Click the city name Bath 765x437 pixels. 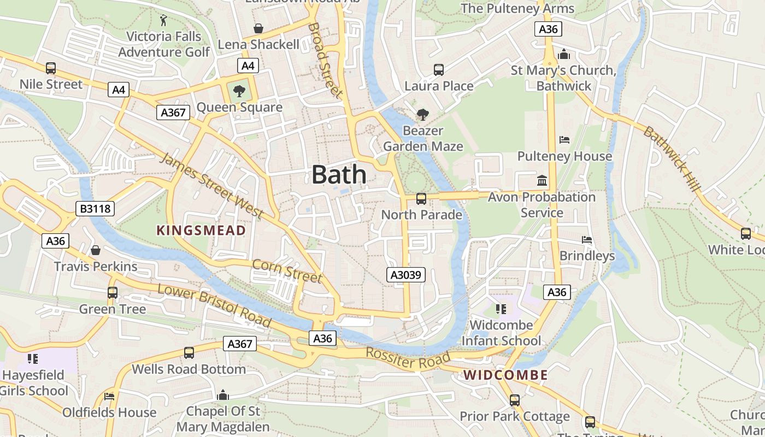[x=339, y=175]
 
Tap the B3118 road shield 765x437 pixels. [x=95, y=208]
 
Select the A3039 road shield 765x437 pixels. [x=406, y=275]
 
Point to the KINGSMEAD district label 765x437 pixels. [x=201, y=231]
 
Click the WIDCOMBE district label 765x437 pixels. [x=505, y=375]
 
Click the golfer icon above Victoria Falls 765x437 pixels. [x=163, y=21]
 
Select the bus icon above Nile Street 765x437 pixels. [x=51, y=68]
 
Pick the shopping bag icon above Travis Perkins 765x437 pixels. [x=96, y=250]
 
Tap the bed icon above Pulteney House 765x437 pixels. [x=564, y=140]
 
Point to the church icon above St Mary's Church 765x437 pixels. [x=564, y=54]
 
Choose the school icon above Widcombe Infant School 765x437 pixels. [x=501, y=309]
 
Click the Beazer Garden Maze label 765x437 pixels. [x=423, y=139]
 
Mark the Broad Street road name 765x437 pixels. [x=325, y=60]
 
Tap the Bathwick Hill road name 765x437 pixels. [x=672, y=159]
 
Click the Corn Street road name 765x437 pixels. [x=287, y=271]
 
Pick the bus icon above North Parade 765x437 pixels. [x=421, y=199]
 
